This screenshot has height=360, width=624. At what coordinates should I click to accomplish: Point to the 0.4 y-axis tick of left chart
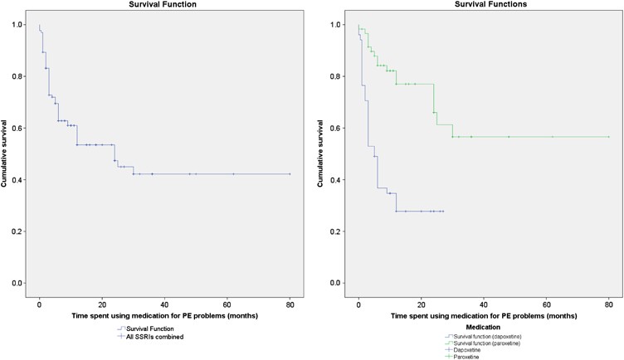click(x=21, y=180)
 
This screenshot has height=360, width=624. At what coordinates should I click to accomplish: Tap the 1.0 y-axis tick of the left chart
click(x=21, y=25)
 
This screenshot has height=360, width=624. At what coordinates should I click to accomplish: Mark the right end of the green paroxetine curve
click(x=609, y=137)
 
